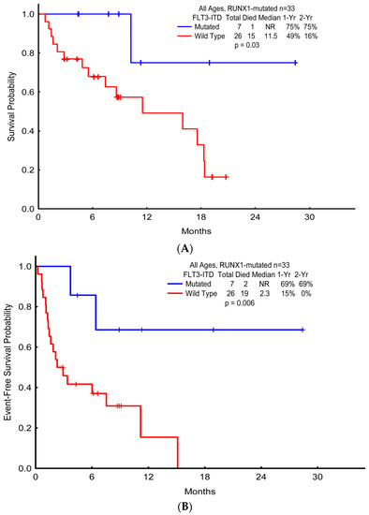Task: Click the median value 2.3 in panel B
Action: click(272, 300)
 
